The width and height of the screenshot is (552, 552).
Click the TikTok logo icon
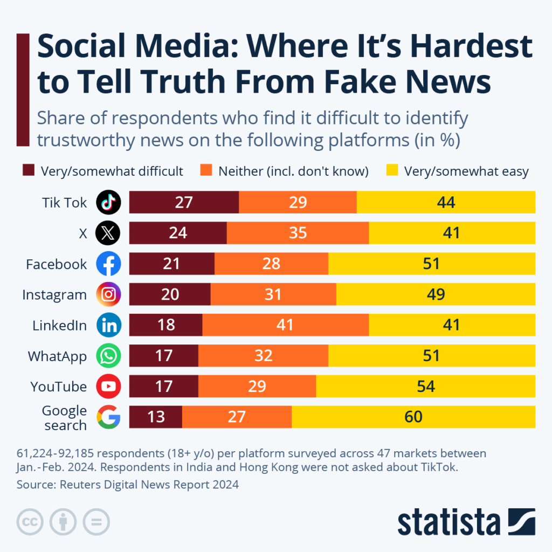[x=108, y=203]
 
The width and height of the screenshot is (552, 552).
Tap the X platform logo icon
[x=108, y=233]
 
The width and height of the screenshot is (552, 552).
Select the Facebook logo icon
[x=108, y=264]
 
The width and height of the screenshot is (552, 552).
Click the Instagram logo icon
[x=108, y=294]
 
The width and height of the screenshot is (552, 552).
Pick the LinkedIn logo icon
[x=108, y=325]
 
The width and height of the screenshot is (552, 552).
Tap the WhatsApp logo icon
[x=108, y=356]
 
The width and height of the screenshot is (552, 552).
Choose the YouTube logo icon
[x=108, y=387]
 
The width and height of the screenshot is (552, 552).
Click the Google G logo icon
[x=108, y=417]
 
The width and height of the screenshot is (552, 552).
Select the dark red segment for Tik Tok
[x=184, y=202]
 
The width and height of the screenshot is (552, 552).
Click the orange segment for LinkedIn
[x=285, y=325]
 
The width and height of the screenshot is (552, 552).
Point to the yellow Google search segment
[x=413, y=417]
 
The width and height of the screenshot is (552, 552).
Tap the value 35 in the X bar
[x=298, y=233]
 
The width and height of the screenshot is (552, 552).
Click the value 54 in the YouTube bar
[x=425, y=387]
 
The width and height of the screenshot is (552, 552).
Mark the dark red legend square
[x=29, y=171]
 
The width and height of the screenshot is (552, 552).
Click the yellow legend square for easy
[x=392, y=171]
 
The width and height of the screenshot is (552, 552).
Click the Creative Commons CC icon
[x=30, y=522]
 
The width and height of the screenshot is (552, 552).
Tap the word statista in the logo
[x=448, y=522]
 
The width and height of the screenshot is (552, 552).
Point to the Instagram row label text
[x=54, y=295]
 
